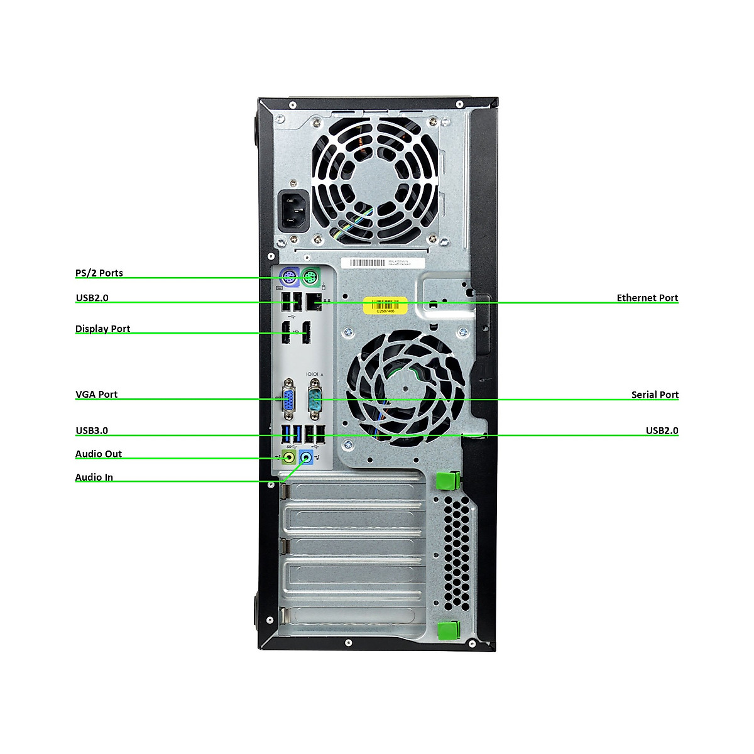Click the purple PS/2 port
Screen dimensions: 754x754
pos(288,277)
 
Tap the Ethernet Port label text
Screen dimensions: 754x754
pos(647,298)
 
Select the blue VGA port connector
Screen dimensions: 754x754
pos(288,400)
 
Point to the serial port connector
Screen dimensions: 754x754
pos(315,400)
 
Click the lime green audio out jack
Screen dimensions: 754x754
pos(288,457)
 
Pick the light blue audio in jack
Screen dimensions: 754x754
pos(307,457)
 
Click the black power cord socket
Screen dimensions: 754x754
pos(293,210)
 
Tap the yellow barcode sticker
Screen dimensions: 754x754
pos(386,305)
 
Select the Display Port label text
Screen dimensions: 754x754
pos(102,329)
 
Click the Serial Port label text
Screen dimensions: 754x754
pos(655,395)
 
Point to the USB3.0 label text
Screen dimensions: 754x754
pos(92,430)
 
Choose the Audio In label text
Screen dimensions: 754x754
pos(94,477)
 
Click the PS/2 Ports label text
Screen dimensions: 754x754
pos(99,273)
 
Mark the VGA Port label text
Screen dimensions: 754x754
pos(97,394)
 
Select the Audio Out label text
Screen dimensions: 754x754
pos(99,454)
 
